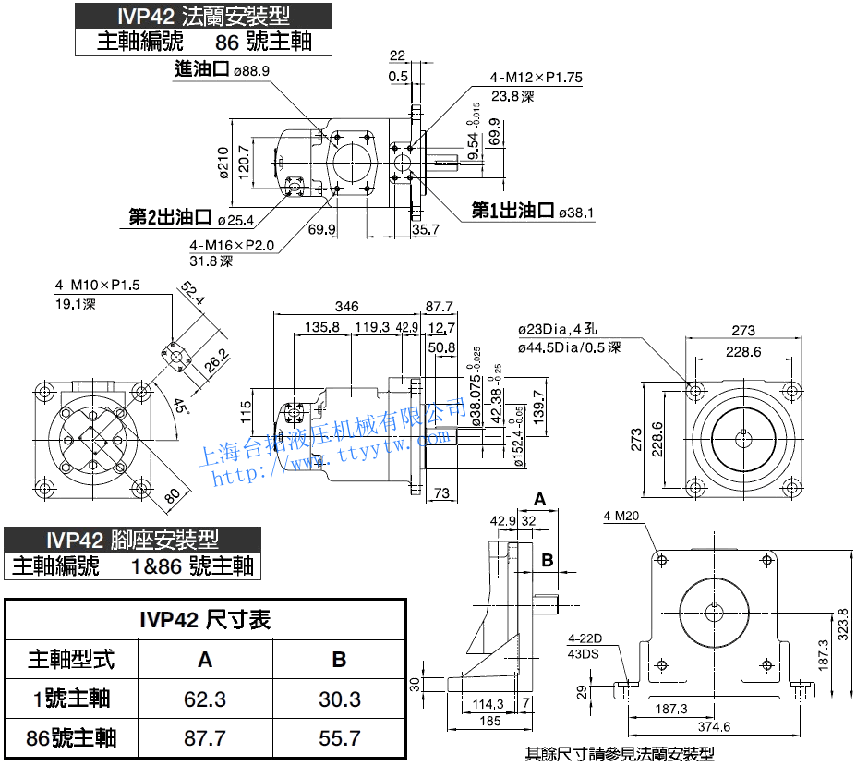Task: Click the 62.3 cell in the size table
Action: click(x=205, y=699)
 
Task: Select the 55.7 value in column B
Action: click(x=339, y=738)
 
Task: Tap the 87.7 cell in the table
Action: click(x=205, y=738)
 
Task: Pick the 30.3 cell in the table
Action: click(x=339, y=699)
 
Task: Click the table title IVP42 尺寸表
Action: click(x=205, y=620)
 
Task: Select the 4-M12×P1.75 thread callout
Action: click(x=537, y=78)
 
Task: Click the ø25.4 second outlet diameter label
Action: click(x=236, y=219)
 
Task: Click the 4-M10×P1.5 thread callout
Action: click(x=97, y=285)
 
